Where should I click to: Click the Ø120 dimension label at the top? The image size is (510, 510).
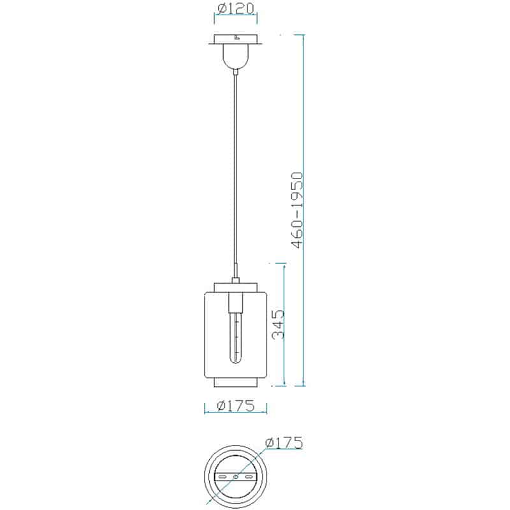(236, 9)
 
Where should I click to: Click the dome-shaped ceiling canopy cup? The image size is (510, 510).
(235, 56)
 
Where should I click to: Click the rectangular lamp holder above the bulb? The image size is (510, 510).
(235, 301)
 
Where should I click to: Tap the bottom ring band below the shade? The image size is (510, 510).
(235, 382)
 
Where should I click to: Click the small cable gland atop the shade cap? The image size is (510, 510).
(235, 279)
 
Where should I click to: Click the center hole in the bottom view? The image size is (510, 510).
(235, 477)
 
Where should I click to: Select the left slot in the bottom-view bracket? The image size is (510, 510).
(222, 477)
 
